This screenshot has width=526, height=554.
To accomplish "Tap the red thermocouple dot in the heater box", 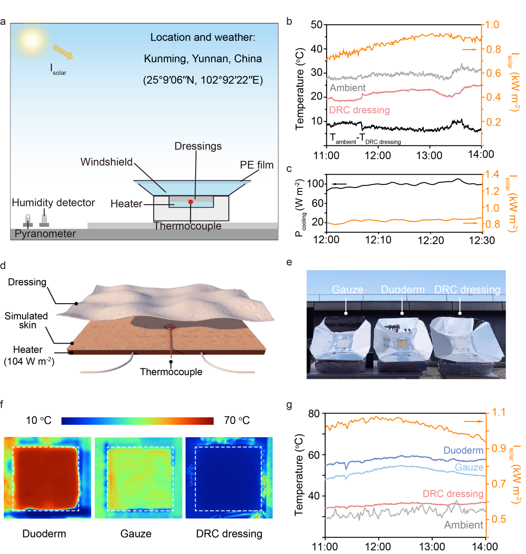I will coord(191,202).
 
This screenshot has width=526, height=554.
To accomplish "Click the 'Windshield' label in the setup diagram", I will coord(107,162).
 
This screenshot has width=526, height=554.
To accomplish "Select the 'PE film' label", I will coord(257,165).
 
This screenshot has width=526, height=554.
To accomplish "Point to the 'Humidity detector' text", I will coord(53,203).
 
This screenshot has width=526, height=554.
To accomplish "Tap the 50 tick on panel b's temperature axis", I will coord(317,25).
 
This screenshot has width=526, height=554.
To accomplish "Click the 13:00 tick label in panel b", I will coord(429,156).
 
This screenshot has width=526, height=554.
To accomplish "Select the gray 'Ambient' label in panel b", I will coord(348,88).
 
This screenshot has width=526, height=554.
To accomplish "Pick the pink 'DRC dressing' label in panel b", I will coord(359,110).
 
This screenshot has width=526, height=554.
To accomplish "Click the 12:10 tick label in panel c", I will coord(378,240).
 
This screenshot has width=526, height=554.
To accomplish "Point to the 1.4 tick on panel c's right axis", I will coord(492,174).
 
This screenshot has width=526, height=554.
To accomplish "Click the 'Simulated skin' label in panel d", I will coord(27,320).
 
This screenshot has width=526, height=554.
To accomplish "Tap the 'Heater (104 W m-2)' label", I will coord(29,356).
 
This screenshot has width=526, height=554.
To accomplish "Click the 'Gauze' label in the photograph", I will coord(347,290).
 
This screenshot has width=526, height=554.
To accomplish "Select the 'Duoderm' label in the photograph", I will coord(402,290).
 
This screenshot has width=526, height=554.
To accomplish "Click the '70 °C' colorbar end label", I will coord(237,421).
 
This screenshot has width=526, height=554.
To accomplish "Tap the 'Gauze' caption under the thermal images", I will coord(136,534).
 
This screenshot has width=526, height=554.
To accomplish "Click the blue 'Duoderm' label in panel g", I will coord(463,450).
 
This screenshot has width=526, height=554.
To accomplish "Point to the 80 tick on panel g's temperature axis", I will coord(314,414).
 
